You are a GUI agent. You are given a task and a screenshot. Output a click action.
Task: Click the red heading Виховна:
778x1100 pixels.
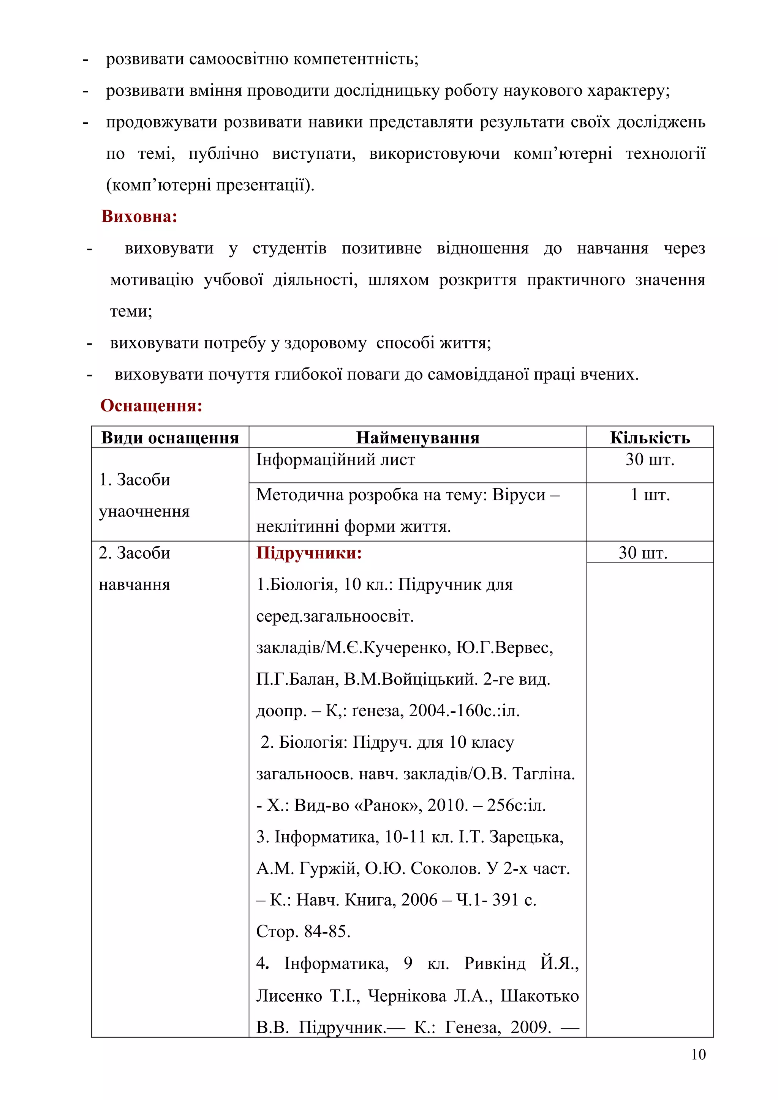[139, 217]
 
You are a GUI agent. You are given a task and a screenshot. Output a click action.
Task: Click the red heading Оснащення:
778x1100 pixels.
[151, 406]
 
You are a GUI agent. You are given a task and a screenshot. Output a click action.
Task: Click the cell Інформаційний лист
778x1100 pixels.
[335, 460]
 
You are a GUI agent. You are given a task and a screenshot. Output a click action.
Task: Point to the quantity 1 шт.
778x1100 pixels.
[650, 495]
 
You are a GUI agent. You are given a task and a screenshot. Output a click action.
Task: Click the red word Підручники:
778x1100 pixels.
[309, 553]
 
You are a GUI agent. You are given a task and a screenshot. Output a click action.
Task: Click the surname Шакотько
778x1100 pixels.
[539, 996]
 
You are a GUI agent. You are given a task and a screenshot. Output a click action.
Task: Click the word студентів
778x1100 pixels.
[289, 249]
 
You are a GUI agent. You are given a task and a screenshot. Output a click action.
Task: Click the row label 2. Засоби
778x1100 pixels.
[135, 553]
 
